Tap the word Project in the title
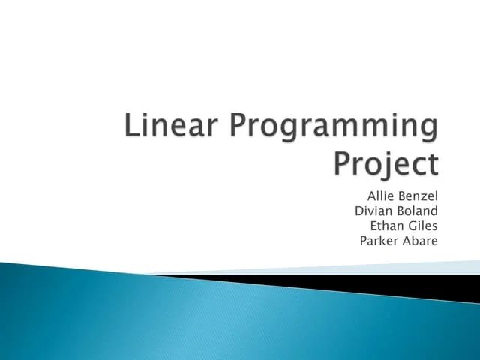(385, 162)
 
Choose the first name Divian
(372, 211)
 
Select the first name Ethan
(386, 226)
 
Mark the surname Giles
(422, 226)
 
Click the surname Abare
(421, 241)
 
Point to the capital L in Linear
(130, 127)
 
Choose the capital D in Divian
(359, 211)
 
